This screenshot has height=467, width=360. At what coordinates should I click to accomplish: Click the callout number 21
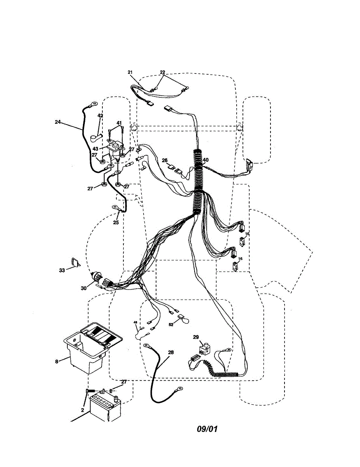pyautogui.click(x=130, y=72)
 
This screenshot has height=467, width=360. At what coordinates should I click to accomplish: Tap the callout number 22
pyautogui.click(x=163, y=72)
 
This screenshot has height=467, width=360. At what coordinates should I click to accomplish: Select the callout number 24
pyautogui.click(x=58, y=122)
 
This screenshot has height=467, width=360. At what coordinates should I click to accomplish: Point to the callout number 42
pyautogui.click(x=100, y=116)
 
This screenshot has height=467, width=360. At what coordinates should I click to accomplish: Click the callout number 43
pyautogui.click(x=95, y=149)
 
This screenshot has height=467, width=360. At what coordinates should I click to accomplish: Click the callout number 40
pyautogui.click(x=205, y=160)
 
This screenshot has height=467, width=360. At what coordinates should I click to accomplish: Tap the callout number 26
pyautogui.click(x=165, y=160)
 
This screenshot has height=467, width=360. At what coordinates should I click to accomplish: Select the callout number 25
pyautogui.click(x=116, y=223)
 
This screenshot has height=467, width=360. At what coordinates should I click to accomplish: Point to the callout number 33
pyautogui.click(x=62, y=270)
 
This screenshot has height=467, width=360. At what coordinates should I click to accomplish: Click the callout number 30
pyautogui.click(x=84, y=288)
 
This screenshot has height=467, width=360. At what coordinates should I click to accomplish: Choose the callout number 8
pyautogui.click(x=57, y=361)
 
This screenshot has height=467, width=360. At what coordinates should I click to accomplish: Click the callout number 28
pyautogui.click(x=170, y=352)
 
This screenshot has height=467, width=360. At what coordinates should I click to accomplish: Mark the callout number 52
pyautogui.click(x=171, y=324)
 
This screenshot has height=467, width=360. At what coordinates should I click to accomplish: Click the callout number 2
pyautogui.click(x=83, y=410)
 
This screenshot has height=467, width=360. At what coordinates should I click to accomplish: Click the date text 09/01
pyautogui.click(x=207, y=429)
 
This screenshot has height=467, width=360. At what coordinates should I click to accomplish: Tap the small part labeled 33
pyautogui.click(x=75, y=263)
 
